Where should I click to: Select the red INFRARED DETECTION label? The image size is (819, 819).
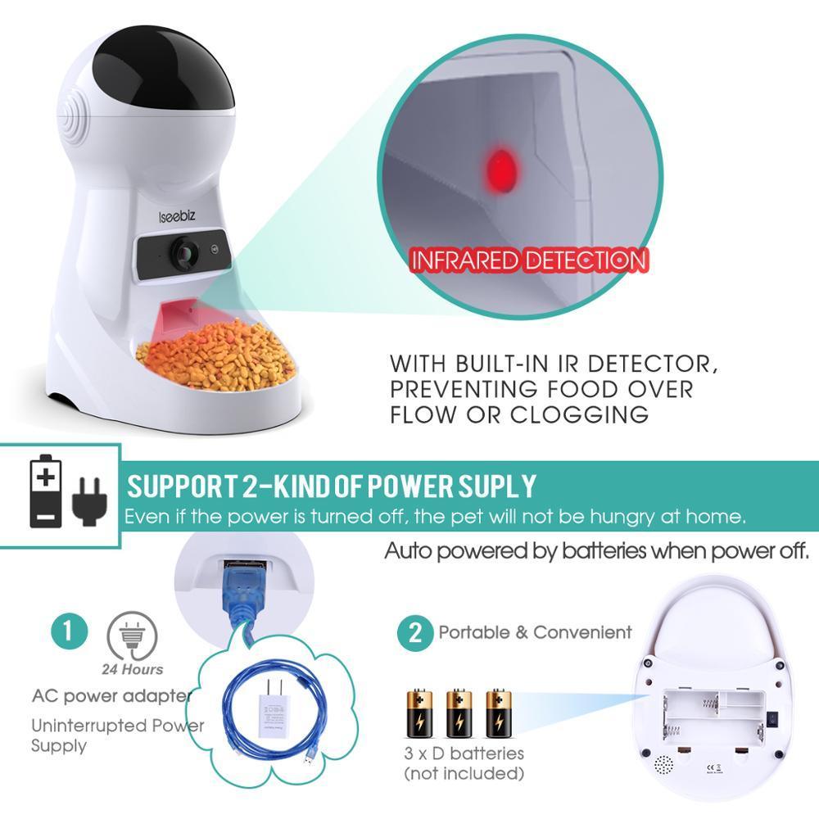[528, 261]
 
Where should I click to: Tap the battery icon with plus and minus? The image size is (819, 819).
[47, 491]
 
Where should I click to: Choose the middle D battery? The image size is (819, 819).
[458, 713]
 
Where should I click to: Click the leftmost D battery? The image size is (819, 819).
[419, 713]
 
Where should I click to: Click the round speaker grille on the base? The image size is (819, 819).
[663, 766]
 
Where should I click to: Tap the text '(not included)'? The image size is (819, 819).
[463, 773]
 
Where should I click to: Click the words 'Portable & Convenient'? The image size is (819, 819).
[535, 632]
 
